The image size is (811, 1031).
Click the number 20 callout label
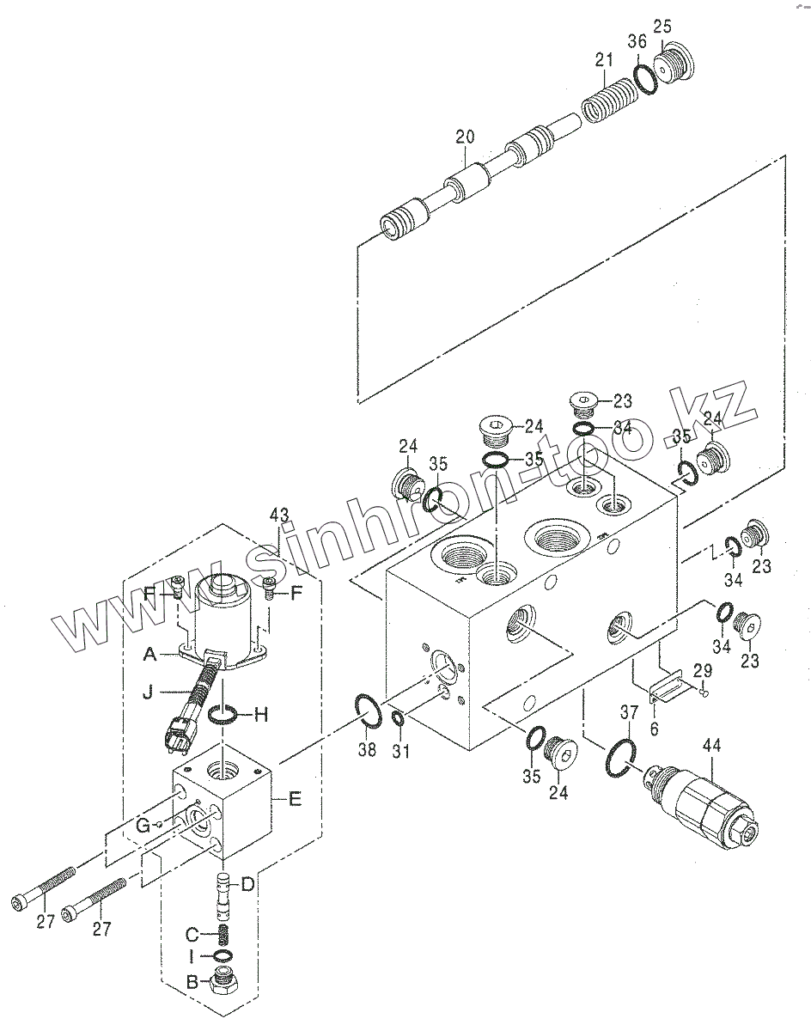[x=465, y=136]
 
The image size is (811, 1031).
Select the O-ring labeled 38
[x=368, y=712]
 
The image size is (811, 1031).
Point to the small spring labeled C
[x=220, y=931]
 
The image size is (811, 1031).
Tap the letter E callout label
[x=295, y=799]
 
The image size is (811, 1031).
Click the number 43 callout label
[x=279, y=515]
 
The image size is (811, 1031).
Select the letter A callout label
[x=150, y=655]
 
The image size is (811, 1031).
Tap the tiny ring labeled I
[x=221, y=956]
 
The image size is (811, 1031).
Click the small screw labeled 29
[x=703, y=685]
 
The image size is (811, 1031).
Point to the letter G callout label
[x=143, y=826]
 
